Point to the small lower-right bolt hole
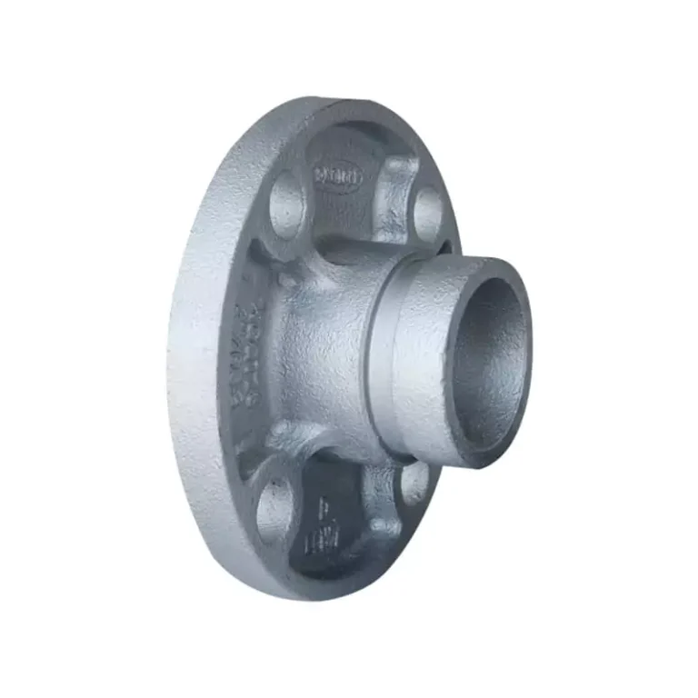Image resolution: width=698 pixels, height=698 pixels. tap(414, 483)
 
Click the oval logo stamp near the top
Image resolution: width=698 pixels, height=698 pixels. tap(338, 176)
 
